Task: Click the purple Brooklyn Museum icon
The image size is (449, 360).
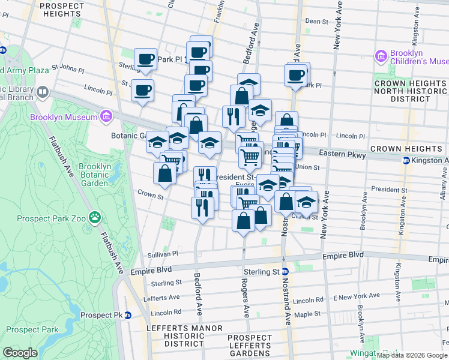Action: click(106, 115)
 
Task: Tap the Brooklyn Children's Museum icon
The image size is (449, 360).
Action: click(380, 57)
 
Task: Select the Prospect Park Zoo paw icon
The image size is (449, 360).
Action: click(94, 217)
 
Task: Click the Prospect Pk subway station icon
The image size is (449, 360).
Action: click(127, 315)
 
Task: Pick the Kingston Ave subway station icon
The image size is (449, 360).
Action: click(406, 160)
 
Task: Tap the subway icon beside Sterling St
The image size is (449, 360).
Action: click(286, 271)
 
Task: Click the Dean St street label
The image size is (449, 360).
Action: click(316, 21)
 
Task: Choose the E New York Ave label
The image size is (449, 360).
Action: click(357, 296)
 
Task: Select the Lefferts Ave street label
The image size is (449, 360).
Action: click(166, 298)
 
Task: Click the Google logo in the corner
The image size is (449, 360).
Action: click(20, 352)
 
